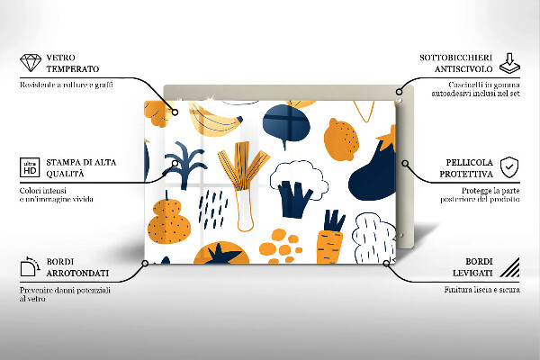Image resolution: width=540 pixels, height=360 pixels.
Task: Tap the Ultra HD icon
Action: (x=29, y=167)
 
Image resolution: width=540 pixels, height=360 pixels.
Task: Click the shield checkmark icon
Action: (x=509, y=166)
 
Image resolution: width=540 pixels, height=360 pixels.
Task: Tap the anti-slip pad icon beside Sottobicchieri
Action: (x=509, y=63)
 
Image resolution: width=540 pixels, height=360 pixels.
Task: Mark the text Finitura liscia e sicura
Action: (x=481, y=291)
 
